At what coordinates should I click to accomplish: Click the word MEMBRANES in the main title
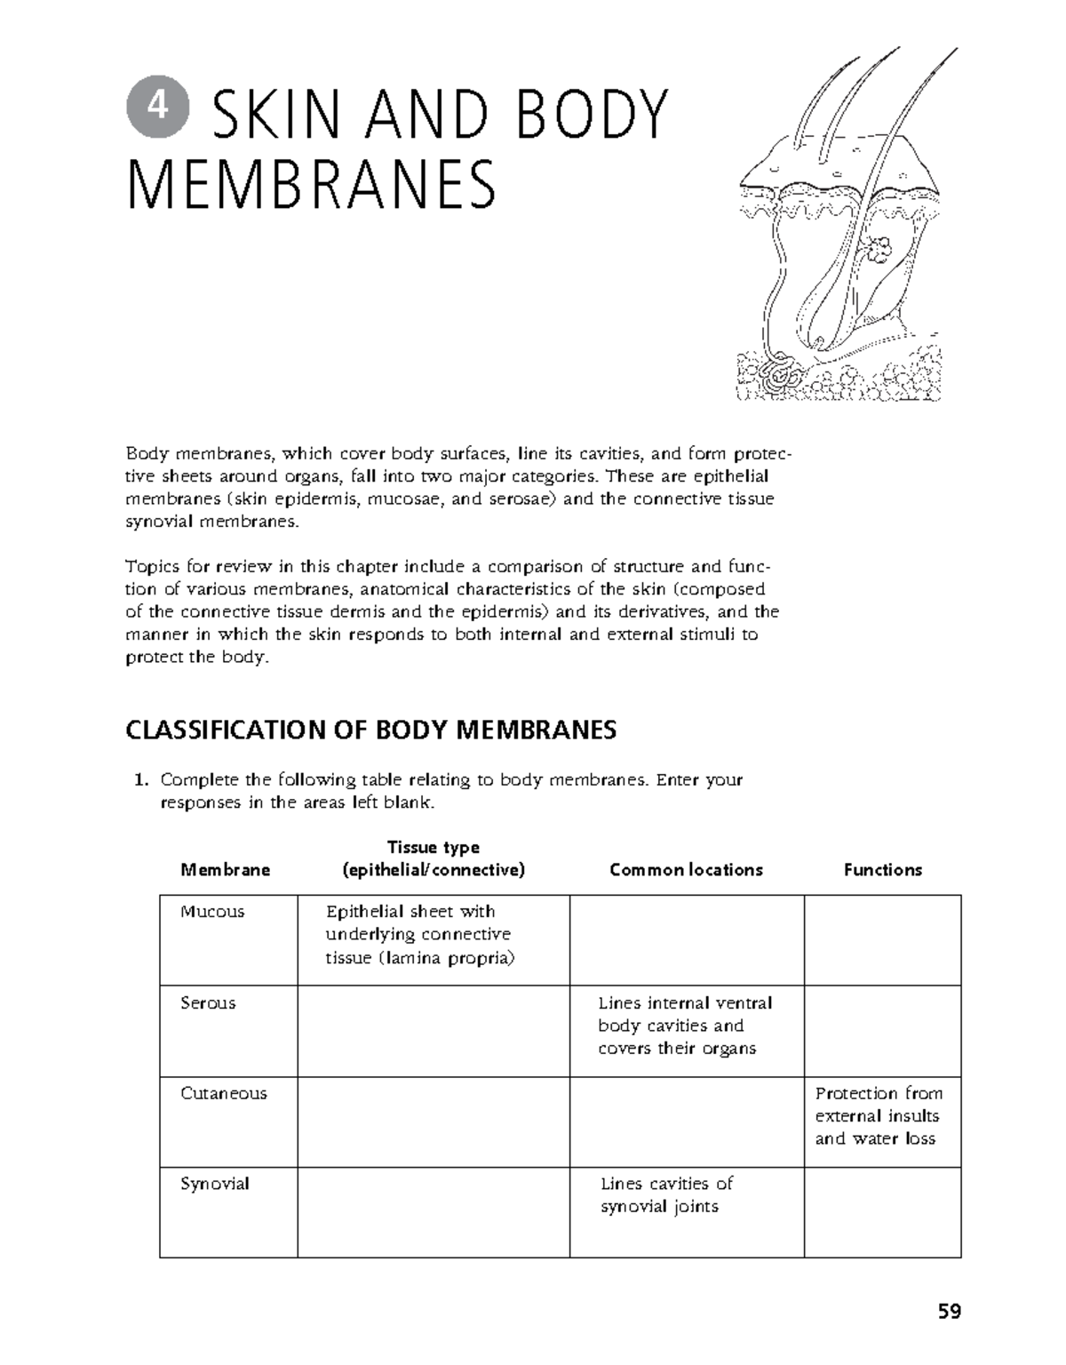coord(311,185)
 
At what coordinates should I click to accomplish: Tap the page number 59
coord(949,1311)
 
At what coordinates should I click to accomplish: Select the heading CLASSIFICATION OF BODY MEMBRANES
coord(370,730)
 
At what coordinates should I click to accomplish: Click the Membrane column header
coord(225,870)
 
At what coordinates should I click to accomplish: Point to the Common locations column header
coord(686,870)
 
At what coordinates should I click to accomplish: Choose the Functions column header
coord(882,870)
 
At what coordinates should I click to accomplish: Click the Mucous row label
coord(212,912)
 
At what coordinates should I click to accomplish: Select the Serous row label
coord(208,1003)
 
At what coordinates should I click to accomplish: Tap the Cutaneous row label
coord(223,1094)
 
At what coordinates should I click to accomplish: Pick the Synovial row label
coord(214,1185)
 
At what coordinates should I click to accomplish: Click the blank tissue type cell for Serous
coord(433,1031)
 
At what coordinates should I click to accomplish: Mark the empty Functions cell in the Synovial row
coord(882,1212)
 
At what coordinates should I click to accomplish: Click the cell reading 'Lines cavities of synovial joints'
coord(666,1195)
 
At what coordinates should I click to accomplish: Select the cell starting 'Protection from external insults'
coord(879,1116)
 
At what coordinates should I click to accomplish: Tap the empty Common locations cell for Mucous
coord(686,940)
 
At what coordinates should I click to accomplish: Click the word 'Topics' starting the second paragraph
coord(152,567)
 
